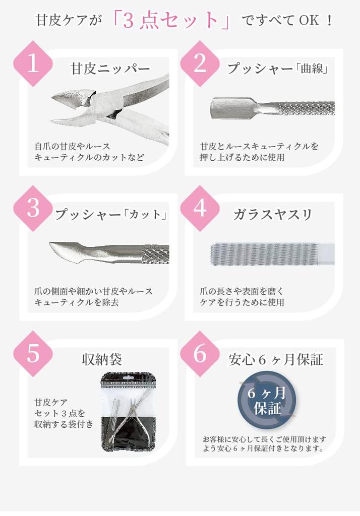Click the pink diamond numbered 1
[33, 64]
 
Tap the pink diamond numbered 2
[200, 64]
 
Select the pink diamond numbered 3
[33, 209]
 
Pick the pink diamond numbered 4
[200, 209]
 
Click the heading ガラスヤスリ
[273, 214]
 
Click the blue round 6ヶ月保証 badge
[267, 401]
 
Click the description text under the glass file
[242, 297]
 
